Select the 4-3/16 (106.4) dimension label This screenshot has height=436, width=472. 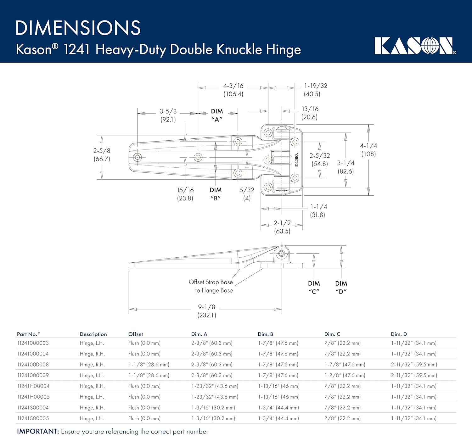pyautogui.click(x=233, y=90)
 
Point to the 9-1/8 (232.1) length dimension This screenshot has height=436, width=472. pyautogui.click(x=207, y=311)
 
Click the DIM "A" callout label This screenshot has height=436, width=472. pyautogui.click(x=217, y=115)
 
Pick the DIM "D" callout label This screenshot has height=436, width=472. pyautogui.click(x=341, y=287)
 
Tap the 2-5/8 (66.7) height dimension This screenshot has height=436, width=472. pyautogui.click(x=102, y=155)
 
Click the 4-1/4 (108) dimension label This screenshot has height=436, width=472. pyautogui.click(x=368, y=150)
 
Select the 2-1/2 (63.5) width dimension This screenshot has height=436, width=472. pyautogui.click(x=282, y=227)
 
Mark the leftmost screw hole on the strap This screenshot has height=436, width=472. pyautogui.click(x=138, y=157)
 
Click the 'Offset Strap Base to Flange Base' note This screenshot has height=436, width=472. pyautogui.click(x=211, y=286)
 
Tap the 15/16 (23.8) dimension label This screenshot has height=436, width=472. pyautogui.click(x=185, y=194)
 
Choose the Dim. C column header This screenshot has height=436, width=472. pyautogui.click(x=332, y=334)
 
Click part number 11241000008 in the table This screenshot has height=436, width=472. pyautogui.click(x=33, y=365)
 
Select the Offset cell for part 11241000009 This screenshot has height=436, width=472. pyautogui.click(x=149, y=375)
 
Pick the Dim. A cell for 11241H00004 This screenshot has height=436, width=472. pyautogui.click(x=215, y=386)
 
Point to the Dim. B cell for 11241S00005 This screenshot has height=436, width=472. pyautogui.click(x=278, y=418)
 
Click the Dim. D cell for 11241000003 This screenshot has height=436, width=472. pyautogui.click(x=413, y=343)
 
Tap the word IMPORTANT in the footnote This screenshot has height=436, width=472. pyautogui.click(x=38, y=431)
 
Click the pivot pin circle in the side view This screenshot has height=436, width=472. pyautogui.click(x=282, y=253)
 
